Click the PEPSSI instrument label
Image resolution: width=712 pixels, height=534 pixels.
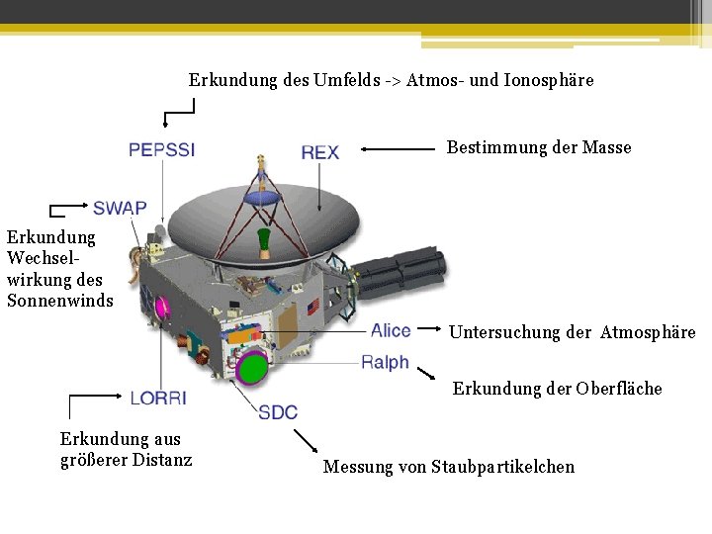coord(161,150)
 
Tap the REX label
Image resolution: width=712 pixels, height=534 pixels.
coord(319,151)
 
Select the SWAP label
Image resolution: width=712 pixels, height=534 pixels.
coord(120,208)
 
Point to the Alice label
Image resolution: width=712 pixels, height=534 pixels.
coord(391,330)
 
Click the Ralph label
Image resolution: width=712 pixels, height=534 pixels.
coord(385,363)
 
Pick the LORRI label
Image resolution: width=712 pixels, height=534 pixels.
coord(157,398)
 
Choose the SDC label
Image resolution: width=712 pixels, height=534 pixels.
coord(278,412)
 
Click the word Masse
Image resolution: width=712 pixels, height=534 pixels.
coord(606,147)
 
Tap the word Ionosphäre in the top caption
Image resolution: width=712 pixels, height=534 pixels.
coord(549,80)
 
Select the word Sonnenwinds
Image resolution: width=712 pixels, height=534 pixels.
coord(60,301)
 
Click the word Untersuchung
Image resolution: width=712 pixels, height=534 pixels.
coord(504,332)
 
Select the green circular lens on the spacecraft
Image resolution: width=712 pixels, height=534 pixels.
coord(254,368)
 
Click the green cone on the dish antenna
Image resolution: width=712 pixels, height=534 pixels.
coord(264,240)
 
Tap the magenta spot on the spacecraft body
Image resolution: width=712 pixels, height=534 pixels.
coord(161,306)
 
